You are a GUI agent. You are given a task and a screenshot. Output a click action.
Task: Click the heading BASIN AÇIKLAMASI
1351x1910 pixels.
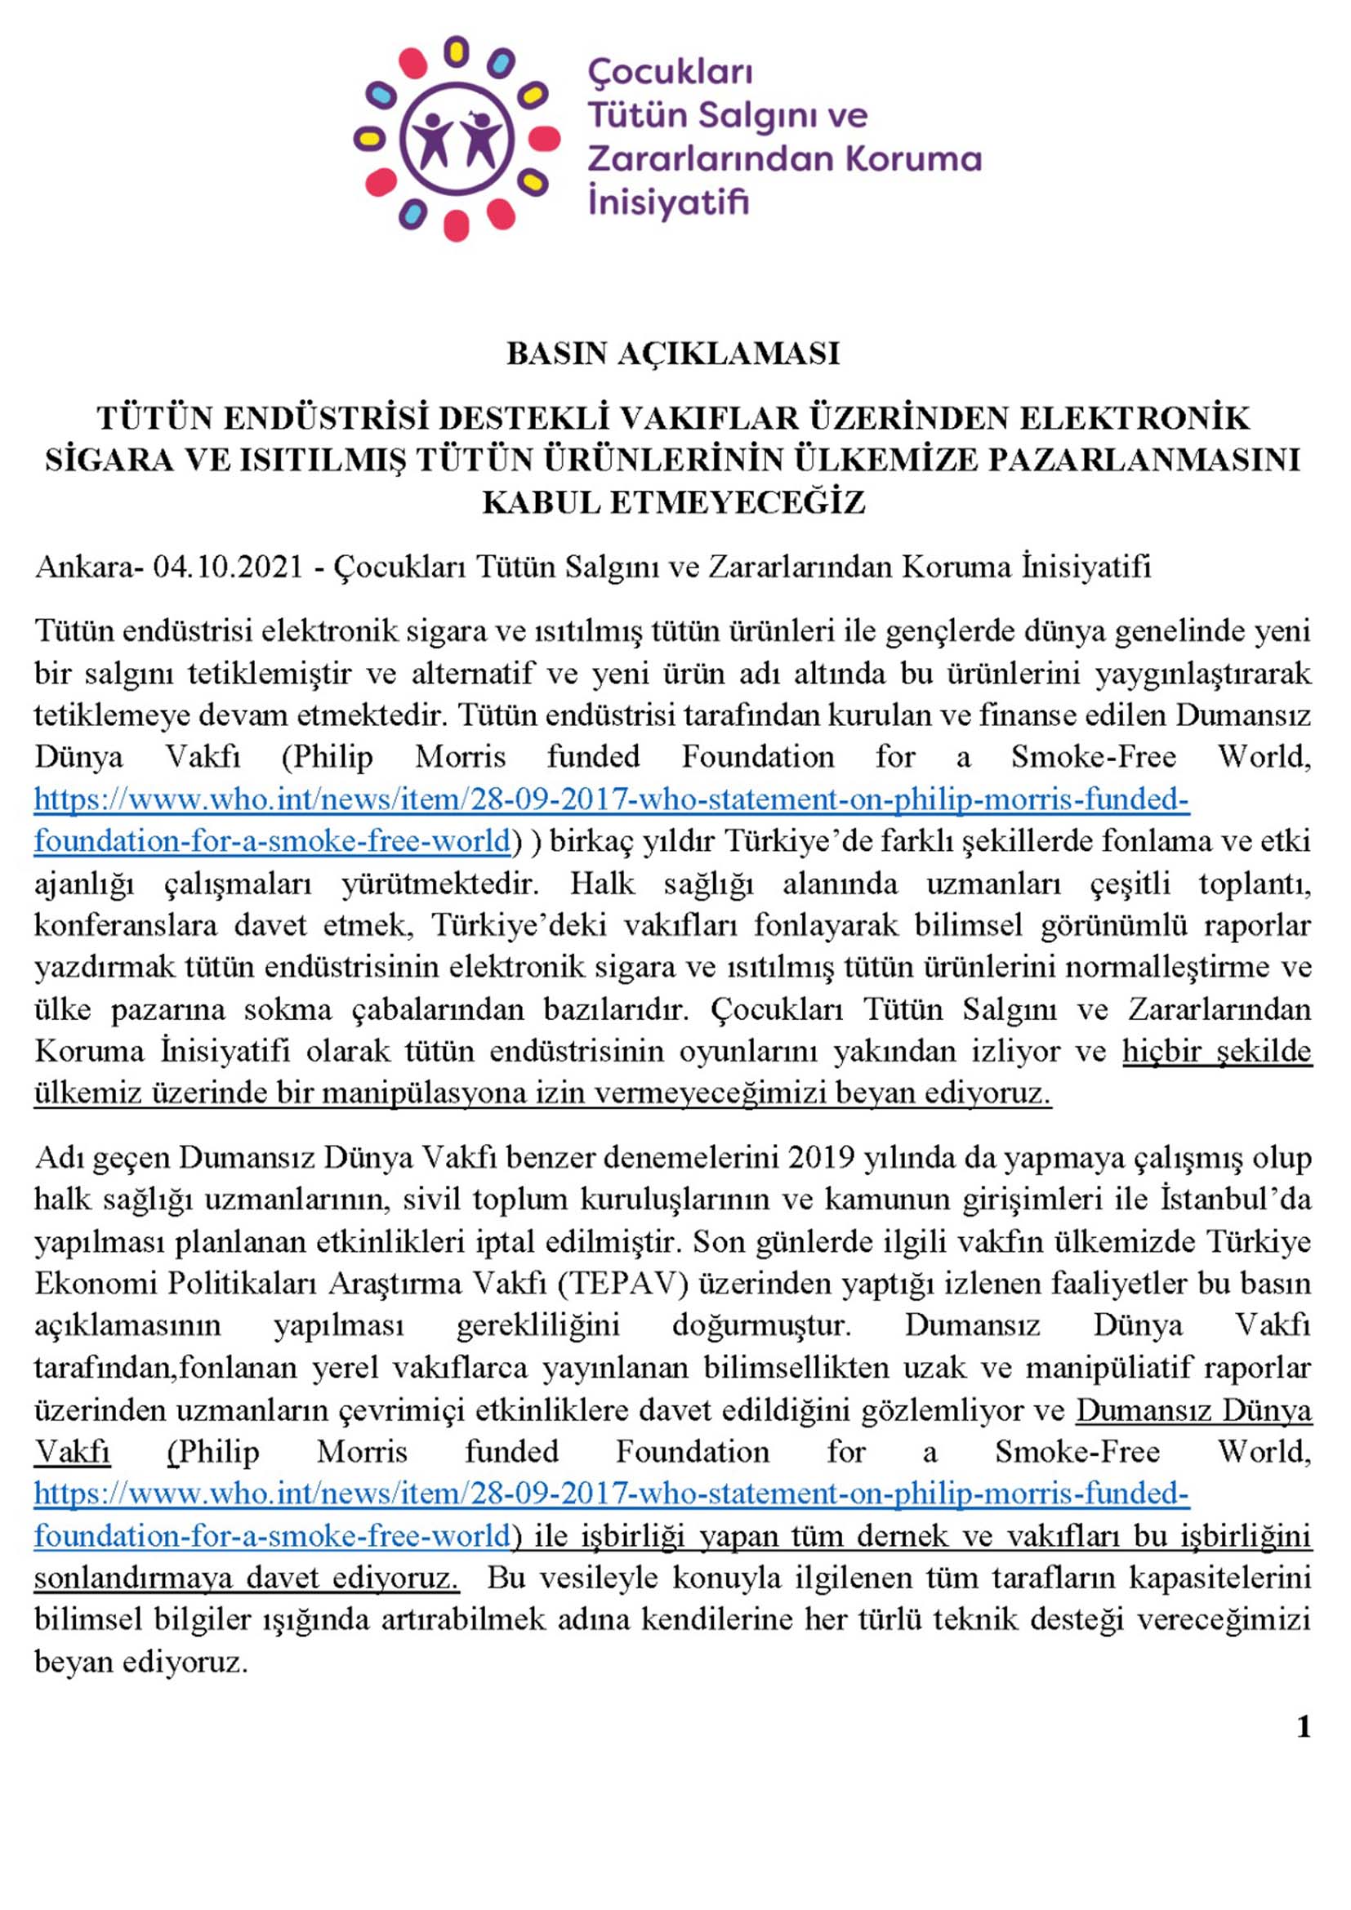(x=673, y=354)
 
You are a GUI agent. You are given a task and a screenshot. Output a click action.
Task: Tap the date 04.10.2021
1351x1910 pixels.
(x=228, y=568)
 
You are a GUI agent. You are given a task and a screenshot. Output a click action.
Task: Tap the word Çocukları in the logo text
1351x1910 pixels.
(x=671, y=73)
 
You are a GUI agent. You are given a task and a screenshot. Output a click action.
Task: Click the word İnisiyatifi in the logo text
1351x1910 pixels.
(x=669, y=203)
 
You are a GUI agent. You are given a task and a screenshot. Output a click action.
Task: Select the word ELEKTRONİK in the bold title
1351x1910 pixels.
(x=1135, y=417)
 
